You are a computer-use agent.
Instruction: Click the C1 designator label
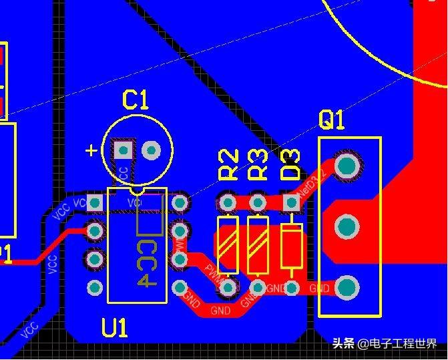click(136, 100)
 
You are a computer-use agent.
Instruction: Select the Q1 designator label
click(332, 120)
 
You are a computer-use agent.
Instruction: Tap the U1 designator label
click(115, 327)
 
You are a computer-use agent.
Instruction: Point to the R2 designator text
click(229, 165)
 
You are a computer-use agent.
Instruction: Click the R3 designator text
click(258, 165)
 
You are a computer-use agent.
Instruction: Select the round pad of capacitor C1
click(152, 150)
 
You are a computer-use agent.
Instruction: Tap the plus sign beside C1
click(91, 150)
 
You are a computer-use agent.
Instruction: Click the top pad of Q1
click(347, 165)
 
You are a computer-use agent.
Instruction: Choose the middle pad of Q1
click(346, 227)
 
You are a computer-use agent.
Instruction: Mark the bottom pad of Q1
click(347, 288)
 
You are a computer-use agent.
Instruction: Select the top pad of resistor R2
click(228, 201)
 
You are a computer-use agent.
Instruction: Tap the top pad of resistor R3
click(257, 201)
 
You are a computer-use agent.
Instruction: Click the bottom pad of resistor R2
click(228, 288)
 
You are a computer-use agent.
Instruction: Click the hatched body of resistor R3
click(257, 245)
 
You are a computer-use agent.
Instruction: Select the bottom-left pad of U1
click(95, 288)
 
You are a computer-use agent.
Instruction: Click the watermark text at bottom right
click(385, 344)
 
